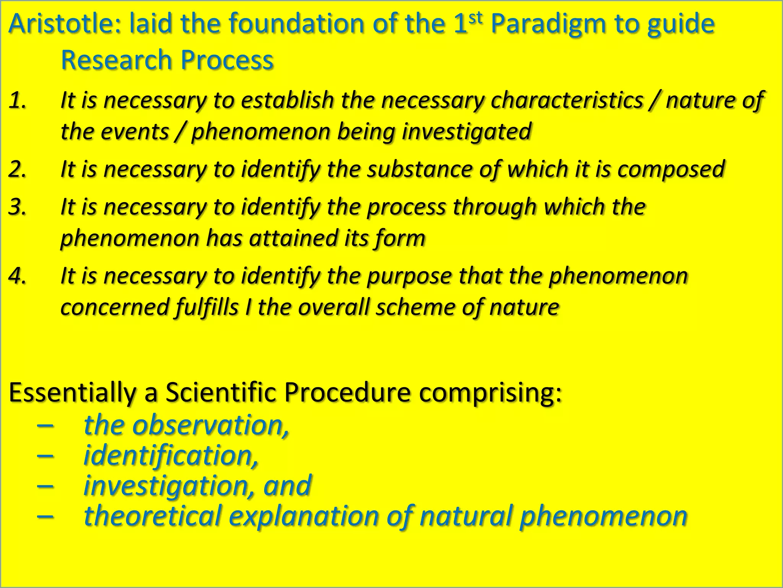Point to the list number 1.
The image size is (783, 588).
tap(17, 100)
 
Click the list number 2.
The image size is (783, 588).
tap(17, 169)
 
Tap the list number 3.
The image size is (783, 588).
tap(17, 207)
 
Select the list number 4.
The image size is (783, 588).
tap(17, 276)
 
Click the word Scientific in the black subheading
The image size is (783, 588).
tap(221, 392)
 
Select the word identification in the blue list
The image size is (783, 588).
tap(171, 456)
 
